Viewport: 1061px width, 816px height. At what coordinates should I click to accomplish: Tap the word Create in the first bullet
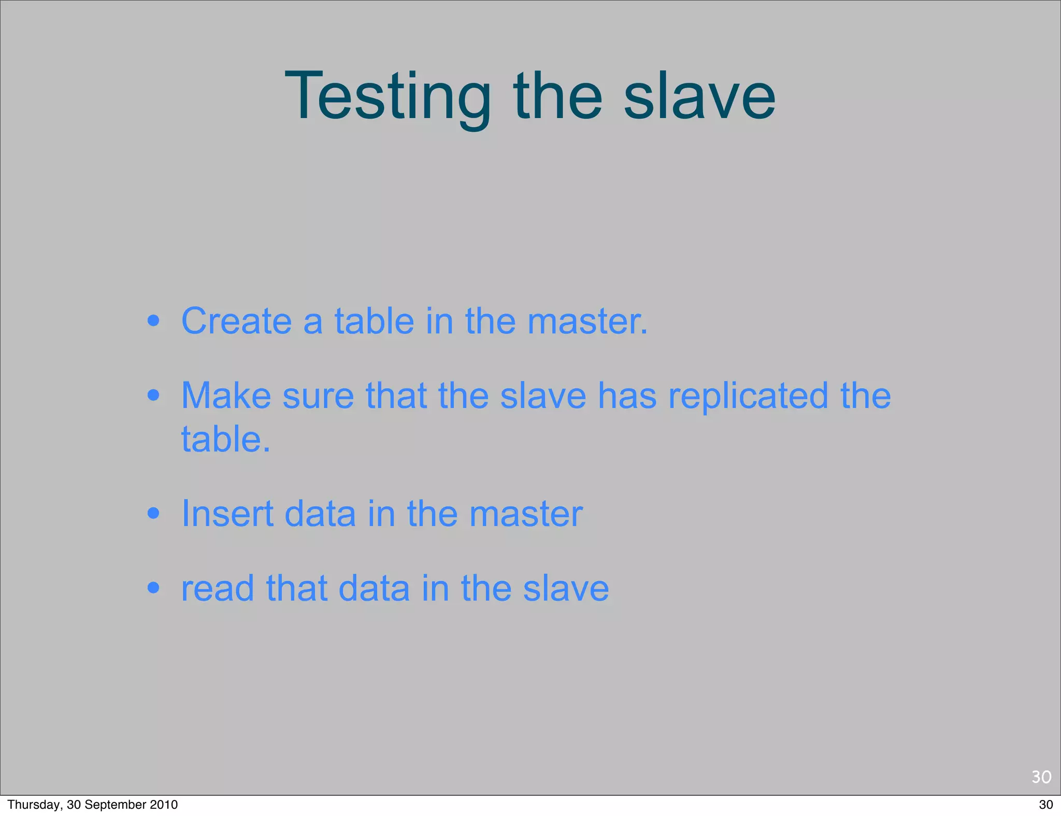[236, 321]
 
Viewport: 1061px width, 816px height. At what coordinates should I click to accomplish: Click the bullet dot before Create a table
[153, 321]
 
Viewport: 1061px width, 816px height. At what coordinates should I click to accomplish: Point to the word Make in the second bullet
[226, 396]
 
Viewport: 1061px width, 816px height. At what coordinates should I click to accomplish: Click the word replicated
[748, 396]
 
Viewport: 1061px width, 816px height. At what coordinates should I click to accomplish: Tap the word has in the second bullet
[627, 396]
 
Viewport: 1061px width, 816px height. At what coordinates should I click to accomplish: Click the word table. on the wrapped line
[225, 440]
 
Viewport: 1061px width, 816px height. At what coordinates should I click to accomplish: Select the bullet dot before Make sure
[153, 396]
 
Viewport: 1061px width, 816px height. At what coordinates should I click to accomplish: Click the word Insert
[227, 514]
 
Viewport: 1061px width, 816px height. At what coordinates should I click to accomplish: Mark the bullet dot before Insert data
[153, 514]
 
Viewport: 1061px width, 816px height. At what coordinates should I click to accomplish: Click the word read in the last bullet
[218, 589]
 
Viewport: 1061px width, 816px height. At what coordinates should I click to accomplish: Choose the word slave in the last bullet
[566, 589]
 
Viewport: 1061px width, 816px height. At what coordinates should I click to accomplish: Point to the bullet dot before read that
[153, 589]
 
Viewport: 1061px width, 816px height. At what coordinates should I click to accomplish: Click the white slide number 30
[1041, 777]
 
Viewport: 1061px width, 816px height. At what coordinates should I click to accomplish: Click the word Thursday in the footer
[34, 805]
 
